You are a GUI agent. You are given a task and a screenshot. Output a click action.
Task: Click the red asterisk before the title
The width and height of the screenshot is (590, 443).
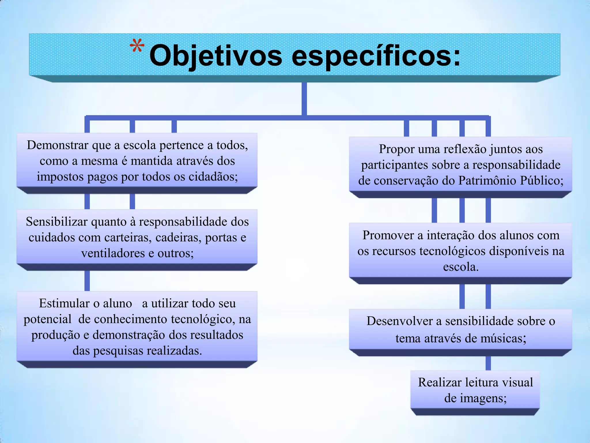tap(137, 46)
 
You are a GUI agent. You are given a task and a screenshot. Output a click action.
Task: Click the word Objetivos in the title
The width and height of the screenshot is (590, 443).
tap(215, 55)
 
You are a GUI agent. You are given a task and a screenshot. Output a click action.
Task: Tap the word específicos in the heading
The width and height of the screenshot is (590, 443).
tap(376, 55)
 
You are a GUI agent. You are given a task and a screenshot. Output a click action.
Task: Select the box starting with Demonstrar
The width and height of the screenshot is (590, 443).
tap(137, 160)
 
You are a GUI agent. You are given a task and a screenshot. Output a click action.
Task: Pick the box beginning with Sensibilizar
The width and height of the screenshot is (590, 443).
tap(137, 237)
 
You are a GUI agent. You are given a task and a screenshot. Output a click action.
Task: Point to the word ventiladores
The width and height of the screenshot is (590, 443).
tap(113, 253)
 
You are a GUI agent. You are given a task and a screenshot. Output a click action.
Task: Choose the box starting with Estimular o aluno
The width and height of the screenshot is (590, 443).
tap(137, 326)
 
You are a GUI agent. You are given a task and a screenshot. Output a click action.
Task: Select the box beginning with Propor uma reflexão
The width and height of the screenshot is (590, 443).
tap(460, 164)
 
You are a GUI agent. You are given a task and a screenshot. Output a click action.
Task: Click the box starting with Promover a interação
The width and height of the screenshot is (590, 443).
tap(460, 250)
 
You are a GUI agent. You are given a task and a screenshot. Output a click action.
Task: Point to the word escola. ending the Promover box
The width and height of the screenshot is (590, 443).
tap(460, 267)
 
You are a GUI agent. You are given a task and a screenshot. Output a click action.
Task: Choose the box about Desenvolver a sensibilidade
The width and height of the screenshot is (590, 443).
tap(460, 329)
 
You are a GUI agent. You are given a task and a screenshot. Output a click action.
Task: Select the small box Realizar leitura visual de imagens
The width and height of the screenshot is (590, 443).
tap(475, 390)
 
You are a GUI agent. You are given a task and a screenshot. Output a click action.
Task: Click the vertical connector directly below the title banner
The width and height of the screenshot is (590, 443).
tap(304, 99)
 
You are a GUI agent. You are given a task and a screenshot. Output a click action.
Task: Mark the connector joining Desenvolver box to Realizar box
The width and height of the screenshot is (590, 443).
tap(488, 363)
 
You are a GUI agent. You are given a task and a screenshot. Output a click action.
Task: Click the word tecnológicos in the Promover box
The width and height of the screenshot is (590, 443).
tap(453, 251)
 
